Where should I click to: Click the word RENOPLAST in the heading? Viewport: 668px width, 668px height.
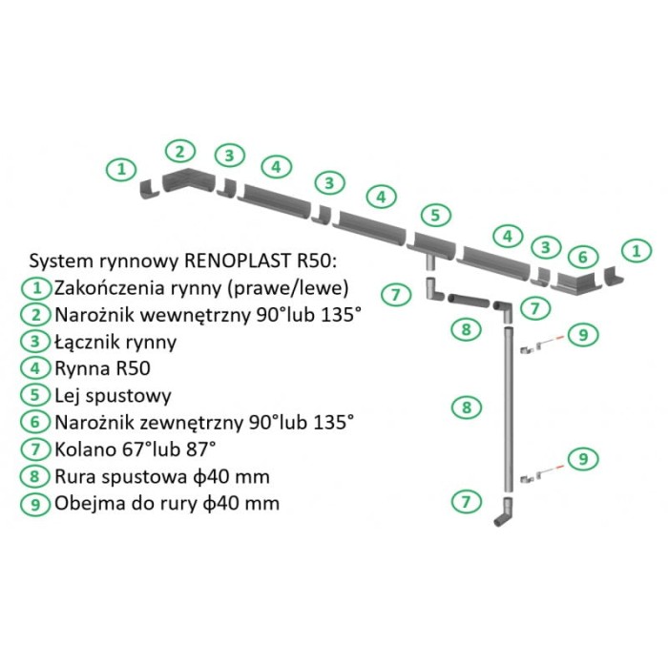coord(239,261)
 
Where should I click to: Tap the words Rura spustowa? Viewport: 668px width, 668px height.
coord(119,474)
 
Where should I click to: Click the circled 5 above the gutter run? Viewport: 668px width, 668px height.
coord(434,214)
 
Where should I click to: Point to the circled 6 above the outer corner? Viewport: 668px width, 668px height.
coord(583,257)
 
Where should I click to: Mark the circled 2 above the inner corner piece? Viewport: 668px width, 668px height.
coord(179,150)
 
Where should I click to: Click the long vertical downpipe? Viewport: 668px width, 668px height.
coord(508,410)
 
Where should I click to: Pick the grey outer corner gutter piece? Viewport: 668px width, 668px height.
coord(576,281)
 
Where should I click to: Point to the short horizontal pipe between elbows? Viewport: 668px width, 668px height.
coord(469,301)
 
